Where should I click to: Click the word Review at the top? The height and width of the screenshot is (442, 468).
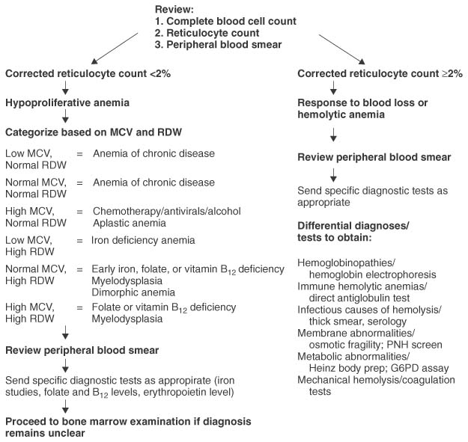(174, 8)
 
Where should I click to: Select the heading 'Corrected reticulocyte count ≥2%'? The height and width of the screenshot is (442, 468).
(380, 74)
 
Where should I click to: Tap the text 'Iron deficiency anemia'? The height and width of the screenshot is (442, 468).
(144, 240)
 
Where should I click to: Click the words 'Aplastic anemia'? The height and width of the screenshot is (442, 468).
(129, 222)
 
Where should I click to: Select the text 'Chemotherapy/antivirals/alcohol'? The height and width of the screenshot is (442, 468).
(167, 211)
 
